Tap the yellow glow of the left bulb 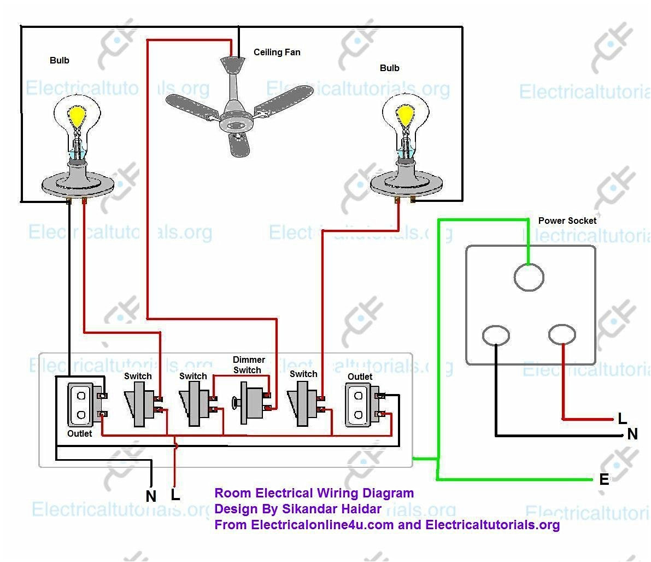click(77, 115)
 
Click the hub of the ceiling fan click(237, 124)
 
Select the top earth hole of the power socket click(529, 277)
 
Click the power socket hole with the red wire click(562, 334)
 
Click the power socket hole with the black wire click(496, 335)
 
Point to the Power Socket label click(567, 221)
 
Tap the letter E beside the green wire click(604, 480)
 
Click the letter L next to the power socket click(622, 420)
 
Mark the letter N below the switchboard click(151, 496)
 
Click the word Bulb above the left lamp click(60, 60)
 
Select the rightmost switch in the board click(302, 404)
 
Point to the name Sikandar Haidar click(331, 509)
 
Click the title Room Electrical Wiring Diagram click(314, 493)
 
